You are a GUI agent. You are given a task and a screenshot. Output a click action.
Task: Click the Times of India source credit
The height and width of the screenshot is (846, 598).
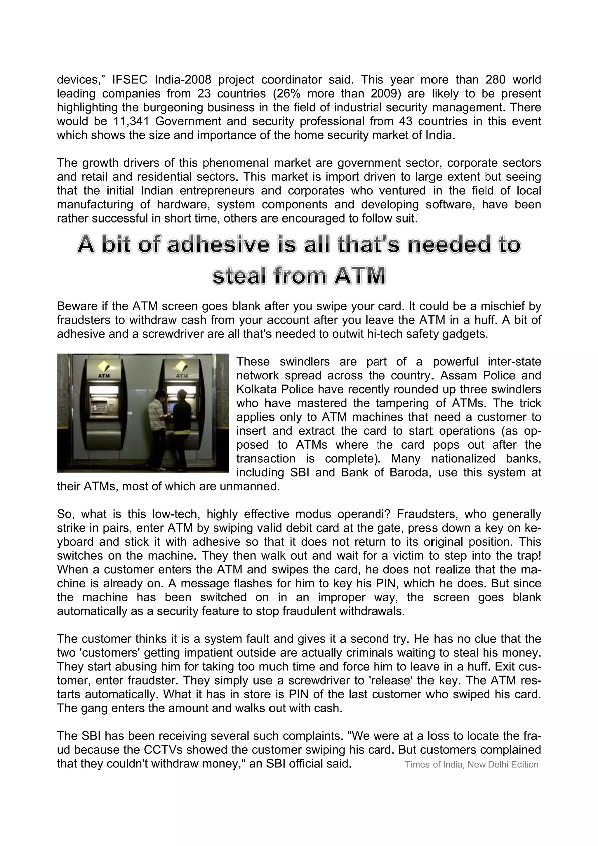pos(472,765)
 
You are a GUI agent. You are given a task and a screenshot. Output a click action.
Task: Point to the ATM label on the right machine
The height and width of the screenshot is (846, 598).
pos(182,376)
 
